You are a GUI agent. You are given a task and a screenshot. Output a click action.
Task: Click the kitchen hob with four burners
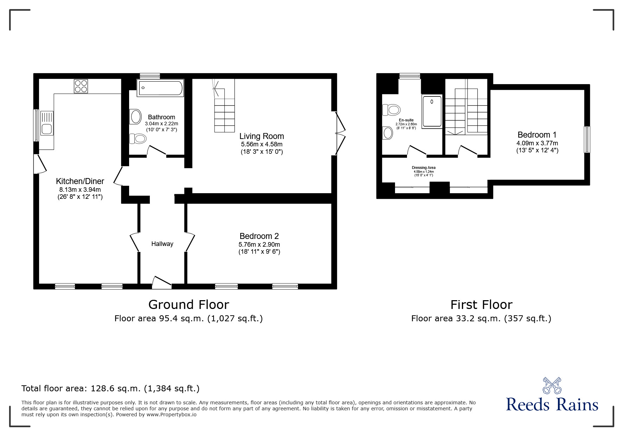tap(81, 86)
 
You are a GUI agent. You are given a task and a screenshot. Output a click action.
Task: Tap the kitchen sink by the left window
tap(47, 123)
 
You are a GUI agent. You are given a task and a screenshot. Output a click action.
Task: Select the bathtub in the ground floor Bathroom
tap(160, 88)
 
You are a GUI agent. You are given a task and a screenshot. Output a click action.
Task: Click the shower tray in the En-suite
tap(432, 112)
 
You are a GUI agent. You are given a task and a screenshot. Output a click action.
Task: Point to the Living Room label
tap(262, 136)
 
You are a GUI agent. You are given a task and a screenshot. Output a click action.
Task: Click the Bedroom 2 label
tap(259, 236)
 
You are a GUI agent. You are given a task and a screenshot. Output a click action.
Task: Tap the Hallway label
tap(162, 244)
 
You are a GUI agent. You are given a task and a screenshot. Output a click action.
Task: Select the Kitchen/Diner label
tap(80, 181)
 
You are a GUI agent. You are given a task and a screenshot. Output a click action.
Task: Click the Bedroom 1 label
tap(537, 135)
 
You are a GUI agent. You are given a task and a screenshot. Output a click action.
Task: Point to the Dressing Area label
tap(424, 168)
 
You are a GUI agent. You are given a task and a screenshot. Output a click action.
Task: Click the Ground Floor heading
tap(189, 304)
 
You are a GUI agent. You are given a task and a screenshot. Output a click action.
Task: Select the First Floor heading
tap(481, 304)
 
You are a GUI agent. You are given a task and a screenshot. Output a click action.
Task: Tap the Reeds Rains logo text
tap(552, 404)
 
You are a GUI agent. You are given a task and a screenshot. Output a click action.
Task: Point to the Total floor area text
tap(110, 388)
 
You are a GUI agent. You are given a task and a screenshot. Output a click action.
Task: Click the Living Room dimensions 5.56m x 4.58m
tap(262, 144)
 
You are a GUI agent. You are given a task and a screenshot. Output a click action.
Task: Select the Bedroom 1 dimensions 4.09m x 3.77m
tap(537, 143)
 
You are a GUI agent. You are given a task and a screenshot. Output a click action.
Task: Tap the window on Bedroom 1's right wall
tap(587, 140)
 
